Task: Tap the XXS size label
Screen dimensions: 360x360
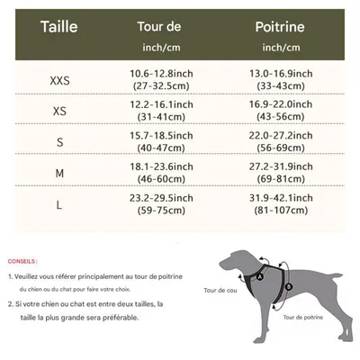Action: pos(59,81)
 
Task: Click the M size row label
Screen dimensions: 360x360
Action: pos(59,174)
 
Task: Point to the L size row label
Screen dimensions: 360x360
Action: pos(59,205)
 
